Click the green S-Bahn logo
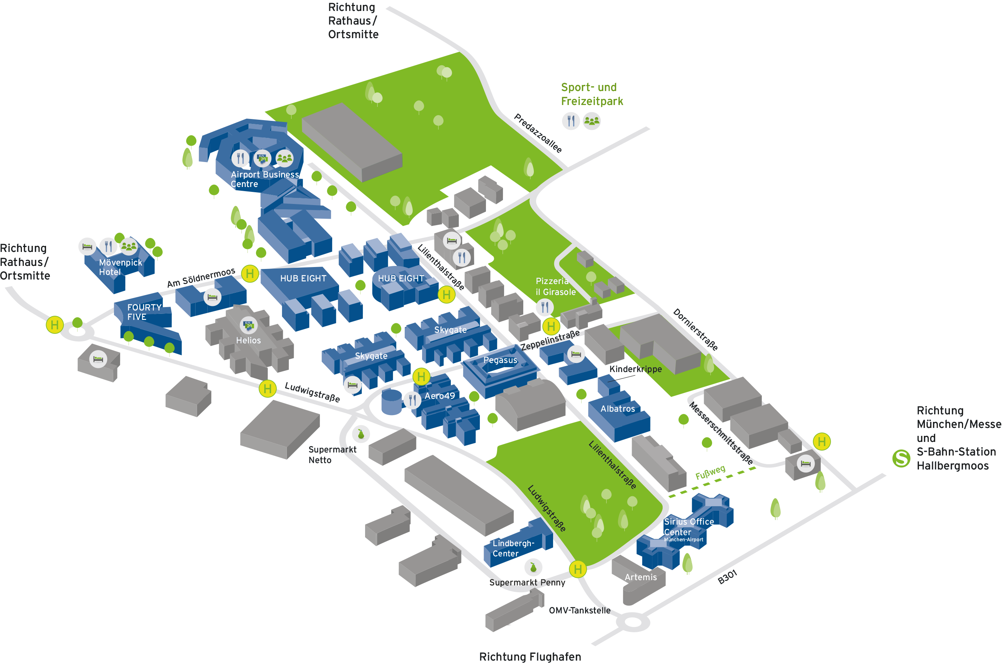point(901,458)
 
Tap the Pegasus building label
point(500,360)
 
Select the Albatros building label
point(617,409)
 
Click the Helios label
point(248,340)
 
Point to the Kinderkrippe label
point(635,369)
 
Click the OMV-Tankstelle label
point(579,610)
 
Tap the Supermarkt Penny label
point(527,582)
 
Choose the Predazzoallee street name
point(538,133)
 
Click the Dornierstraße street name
point(695,329)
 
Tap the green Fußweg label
point(710,472)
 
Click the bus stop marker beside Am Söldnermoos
point(250,273)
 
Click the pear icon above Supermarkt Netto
point(361,434)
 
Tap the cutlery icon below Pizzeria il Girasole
point(544,307)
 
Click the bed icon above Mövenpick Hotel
point(87,246)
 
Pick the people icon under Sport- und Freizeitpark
point(591,121)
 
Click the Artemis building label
point(640,577)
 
